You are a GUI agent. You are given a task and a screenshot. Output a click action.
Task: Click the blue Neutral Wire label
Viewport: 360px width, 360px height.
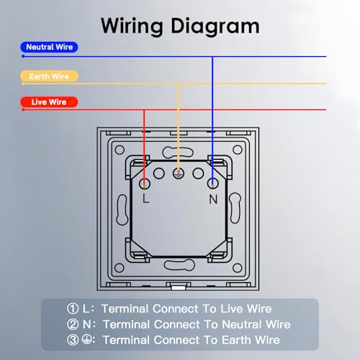(x=49, y=47)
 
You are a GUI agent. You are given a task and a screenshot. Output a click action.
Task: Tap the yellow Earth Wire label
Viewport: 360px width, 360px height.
(x=49, y=76)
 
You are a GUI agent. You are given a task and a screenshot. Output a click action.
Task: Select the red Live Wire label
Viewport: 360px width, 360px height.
(x=49, y=102)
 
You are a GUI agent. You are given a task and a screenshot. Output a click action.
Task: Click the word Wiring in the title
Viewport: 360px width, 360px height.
(x=132, y=27)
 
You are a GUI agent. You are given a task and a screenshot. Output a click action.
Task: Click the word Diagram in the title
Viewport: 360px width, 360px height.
(x=215, y=27)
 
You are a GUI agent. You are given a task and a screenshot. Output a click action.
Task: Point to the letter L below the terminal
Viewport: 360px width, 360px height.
(x=145, y=199)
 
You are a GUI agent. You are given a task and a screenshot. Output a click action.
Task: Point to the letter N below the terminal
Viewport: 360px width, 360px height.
(x=213, y=199)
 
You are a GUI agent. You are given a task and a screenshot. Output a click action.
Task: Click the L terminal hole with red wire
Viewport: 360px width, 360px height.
(x=145, y=184)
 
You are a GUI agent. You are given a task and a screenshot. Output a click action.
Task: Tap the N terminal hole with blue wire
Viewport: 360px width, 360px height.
(x=212, y=184)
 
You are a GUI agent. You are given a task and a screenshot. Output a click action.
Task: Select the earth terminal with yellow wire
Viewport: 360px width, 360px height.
(x=179, y=174)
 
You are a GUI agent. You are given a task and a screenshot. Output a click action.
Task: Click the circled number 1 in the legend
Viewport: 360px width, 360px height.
(x=73, y=309)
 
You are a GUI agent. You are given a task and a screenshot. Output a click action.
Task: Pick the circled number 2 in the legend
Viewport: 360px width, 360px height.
(x=73, y=324)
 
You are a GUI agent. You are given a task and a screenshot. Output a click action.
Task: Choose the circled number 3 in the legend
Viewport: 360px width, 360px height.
(x=73, y=340)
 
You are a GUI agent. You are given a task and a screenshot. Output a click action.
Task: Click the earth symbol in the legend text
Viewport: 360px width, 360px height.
(x=86, y=339)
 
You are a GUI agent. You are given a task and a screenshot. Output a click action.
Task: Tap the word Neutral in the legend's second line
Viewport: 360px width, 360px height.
(x=242, y=325)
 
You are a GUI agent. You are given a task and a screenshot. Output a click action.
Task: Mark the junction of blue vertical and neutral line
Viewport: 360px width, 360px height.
(x=212, y=57)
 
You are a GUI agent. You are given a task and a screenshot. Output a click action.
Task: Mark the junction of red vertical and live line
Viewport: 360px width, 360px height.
(x=144, y=109)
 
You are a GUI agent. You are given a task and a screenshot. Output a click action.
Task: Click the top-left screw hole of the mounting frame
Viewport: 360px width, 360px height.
(x=120, y=150)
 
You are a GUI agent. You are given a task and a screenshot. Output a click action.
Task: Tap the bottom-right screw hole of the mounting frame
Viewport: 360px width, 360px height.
(x=238, y=268)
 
